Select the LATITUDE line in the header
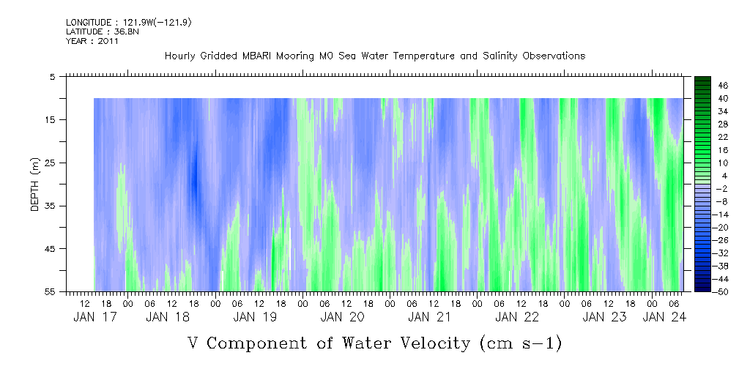86,31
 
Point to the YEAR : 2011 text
92,41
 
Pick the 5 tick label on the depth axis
53,76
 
